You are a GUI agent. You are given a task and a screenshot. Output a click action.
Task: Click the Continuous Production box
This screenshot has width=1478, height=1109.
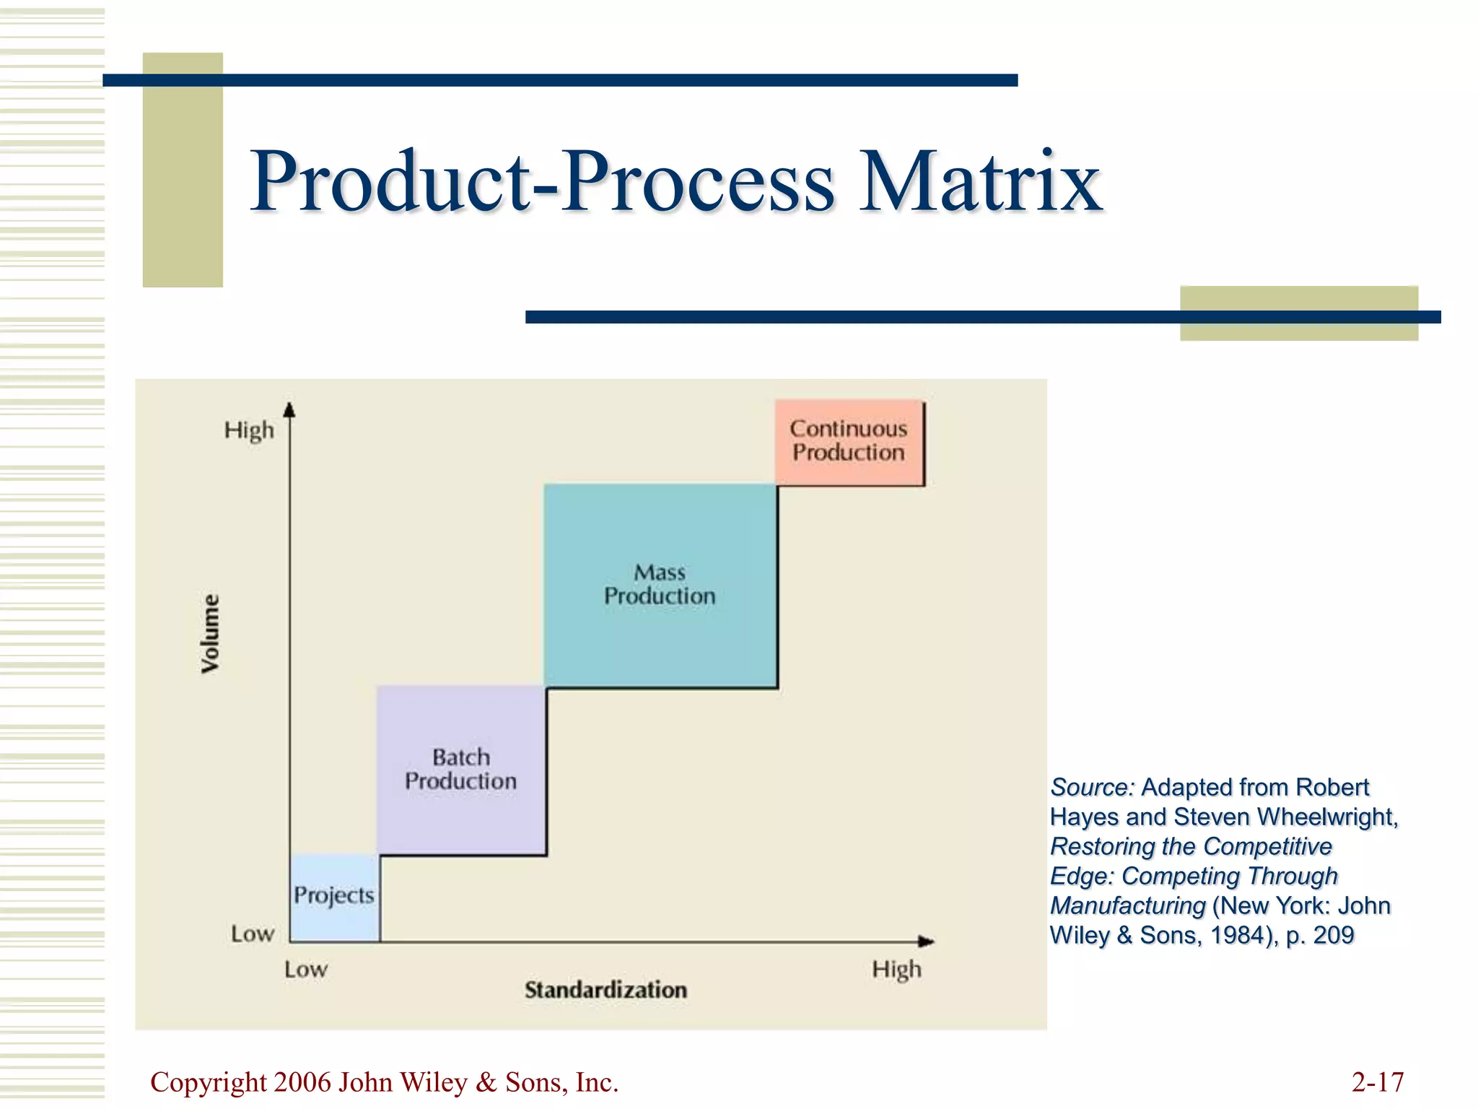pos(849,441)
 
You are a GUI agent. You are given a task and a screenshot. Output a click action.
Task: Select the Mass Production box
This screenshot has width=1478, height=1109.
pos(660,585)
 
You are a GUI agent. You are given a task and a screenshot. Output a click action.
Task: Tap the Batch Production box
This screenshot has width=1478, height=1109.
pos(460,770)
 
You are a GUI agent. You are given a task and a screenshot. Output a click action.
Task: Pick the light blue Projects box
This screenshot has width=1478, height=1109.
pos(334,897)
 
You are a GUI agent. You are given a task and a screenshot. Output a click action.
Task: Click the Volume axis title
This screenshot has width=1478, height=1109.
pos(210,633)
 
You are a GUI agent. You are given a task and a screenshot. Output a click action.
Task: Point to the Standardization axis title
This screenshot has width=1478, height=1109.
pos(605,990)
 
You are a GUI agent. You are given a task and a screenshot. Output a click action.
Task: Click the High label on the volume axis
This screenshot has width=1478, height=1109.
pos(249,430)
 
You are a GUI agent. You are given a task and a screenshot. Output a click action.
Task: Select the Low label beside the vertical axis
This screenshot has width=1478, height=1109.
pos(253,934)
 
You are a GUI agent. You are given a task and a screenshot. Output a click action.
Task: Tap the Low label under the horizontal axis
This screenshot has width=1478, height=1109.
pos(305,969)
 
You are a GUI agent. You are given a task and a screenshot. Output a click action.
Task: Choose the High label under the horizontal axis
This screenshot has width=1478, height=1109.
pos(896,969)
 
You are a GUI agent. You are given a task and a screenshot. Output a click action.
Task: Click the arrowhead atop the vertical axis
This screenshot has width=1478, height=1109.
pos(289,410)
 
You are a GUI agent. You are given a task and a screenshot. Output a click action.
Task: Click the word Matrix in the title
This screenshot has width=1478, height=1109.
pos(980,181)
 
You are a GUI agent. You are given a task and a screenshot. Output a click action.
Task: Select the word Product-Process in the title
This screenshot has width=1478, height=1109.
pos(542,181)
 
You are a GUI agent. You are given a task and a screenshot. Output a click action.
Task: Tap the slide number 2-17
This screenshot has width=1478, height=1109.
pos(1377,1082)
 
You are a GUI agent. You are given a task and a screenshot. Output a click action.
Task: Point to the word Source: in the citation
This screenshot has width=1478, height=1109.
pos(1092,787)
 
